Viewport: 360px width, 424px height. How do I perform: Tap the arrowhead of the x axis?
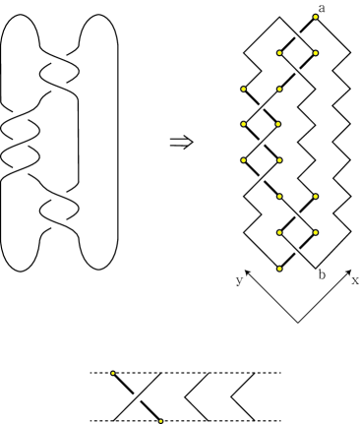(348, 269)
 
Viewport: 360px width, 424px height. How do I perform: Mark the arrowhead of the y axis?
(248, 269)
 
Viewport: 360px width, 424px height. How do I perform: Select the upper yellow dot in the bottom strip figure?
(114, 373)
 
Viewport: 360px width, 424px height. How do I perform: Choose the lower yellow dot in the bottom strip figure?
(159, 420)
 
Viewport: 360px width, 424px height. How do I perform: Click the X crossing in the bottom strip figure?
(136, 396)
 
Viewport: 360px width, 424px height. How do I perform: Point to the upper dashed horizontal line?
(197, 373)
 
